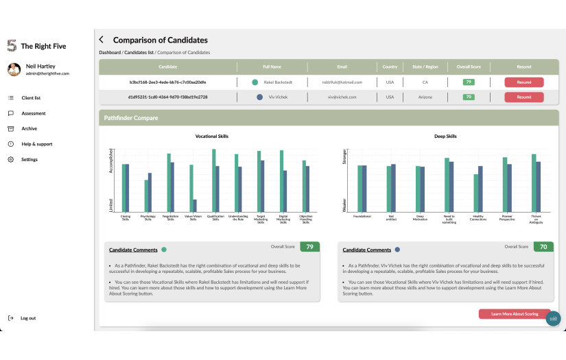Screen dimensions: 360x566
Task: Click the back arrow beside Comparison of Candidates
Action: (x=102, y=40)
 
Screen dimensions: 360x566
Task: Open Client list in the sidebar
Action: (x=31, y=98)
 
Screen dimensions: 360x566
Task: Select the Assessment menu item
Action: (x=34, y=113)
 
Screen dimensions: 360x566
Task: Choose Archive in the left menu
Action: (x=29, y=129)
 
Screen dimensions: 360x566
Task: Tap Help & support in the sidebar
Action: (x=36, y=144)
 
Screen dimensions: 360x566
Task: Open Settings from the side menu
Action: (x=30, y=160)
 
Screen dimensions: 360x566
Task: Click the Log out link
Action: (x=27, y=318)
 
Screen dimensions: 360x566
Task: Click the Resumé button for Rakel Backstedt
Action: (x=523, y=82)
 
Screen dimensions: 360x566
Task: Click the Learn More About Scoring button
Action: (x=514, y=313)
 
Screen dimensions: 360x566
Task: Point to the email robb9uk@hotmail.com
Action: (x=342, y=82)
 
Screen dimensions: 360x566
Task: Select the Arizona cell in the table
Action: (x=425, y=97)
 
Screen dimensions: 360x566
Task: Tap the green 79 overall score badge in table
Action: (x=469, y=82)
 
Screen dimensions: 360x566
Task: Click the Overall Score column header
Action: (x=469, y=67)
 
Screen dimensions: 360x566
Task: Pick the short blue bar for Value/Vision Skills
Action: (x=196, y=205)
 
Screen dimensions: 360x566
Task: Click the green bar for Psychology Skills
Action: (x=146, y=195)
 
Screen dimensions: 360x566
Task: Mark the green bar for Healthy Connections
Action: (x=475, y=193)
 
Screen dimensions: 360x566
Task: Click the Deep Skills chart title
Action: (x=445, y=136)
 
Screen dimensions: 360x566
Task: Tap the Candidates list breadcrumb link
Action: (x=139, y=53)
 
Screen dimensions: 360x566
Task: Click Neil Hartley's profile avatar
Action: (x=13, y=69)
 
